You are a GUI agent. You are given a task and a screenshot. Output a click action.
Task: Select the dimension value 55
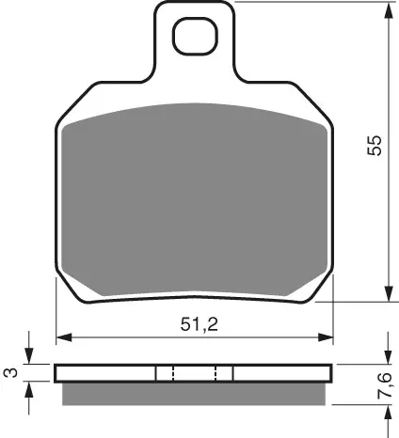pos(375,149)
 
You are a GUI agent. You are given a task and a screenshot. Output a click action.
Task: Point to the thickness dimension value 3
pos(10,373)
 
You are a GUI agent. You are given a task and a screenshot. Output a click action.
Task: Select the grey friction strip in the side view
pos(195,393)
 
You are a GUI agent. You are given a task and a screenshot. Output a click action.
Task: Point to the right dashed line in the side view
pos(216,373)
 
